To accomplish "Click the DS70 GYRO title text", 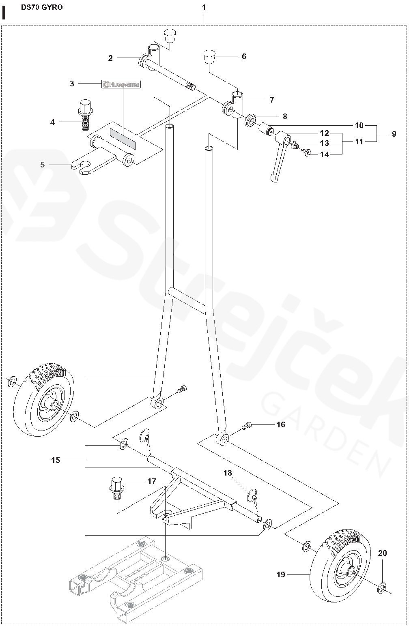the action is (x=42, y=7).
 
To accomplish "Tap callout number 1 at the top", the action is (x=204, y=7).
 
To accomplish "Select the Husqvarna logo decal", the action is (x=121, y=84).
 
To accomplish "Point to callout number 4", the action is (x=52, y=121).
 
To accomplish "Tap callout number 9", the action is (x=394, y=134).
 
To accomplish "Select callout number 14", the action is (x=325, y=154).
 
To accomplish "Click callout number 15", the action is (x=56, y=460).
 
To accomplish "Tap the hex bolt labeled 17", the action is (x=117, y=486).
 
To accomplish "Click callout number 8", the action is (x=285, y=116).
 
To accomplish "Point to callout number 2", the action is (x=110, y=58).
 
